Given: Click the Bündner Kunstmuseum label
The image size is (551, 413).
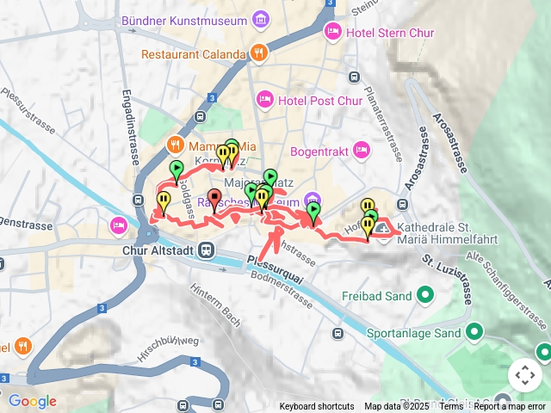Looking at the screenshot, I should pos(197,19).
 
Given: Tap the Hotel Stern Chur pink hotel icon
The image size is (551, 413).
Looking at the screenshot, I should pos(332,33).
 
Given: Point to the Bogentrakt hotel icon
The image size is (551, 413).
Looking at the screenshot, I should pos(362,151).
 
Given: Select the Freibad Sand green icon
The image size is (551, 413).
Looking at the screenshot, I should pos(424,296).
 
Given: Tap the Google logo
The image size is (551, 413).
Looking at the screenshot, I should pos(32,401).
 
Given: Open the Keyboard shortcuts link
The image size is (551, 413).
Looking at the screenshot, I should pos(316,406).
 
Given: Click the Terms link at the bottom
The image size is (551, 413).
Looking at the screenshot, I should pos(451,406).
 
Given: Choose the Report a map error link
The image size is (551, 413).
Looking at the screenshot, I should pos(510,406).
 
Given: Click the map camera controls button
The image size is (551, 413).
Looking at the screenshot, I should pos(524,375).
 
